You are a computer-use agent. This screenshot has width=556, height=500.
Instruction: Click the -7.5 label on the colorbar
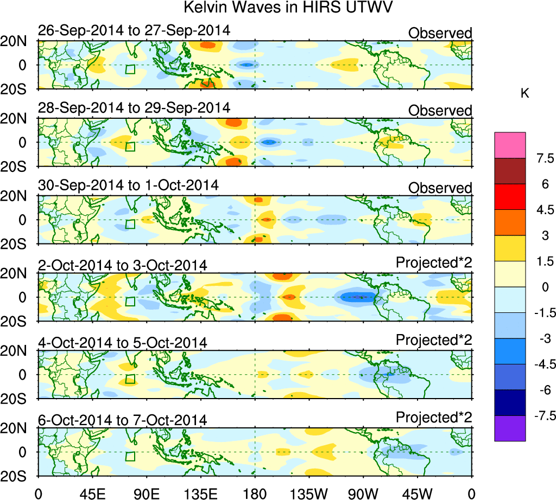click(x=541, y=416)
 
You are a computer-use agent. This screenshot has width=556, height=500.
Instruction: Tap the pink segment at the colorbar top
click(x=510, y=145)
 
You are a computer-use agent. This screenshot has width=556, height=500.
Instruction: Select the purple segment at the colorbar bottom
click(x=510, y=428)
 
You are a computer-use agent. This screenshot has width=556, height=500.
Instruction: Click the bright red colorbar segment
click(x=510, y=196)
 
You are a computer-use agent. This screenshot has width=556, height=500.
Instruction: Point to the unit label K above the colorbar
click(x=525, y=94)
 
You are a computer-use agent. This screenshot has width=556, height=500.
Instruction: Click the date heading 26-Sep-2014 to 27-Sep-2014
click(x=134, y=30)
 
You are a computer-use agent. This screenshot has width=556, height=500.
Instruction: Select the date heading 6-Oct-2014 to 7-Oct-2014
click(x=122, y=420)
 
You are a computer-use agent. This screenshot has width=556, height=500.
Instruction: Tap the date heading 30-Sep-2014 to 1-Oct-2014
click(x=128, y=185)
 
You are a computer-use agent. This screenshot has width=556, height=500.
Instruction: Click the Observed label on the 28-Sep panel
click(x=440, y=110)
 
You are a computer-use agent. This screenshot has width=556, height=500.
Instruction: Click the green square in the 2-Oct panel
click(x=130, y=302)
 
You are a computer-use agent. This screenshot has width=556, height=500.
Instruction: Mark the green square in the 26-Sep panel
click(x=130, y=69)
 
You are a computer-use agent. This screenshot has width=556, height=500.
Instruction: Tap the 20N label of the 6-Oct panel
click(x=17, y=428)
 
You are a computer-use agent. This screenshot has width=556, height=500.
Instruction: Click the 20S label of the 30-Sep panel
click(x=17, y=243)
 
